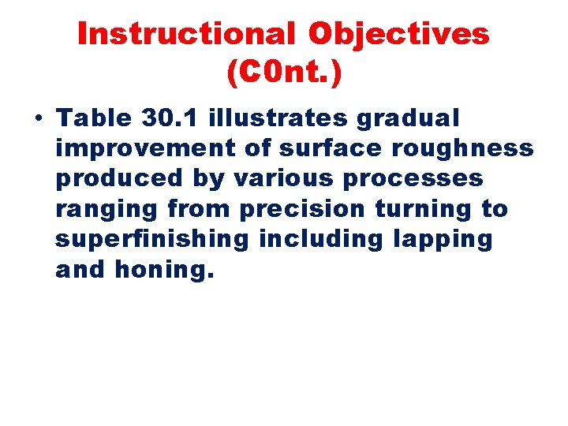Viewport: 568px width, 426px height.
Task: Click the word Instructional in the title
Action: [x=186, y=34]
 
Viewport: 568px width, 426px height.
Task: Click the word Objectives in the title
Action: [x=398, y=34]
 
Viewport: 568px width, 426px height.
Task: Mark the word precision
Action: [x=302, y=210]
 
